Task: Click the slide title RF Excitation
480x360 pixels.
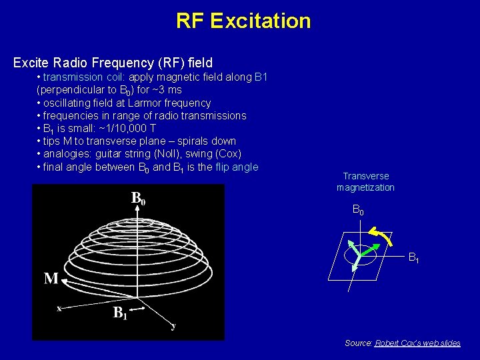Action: pos(243,21)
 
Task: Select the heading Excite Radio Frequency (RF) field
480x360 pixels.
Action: pos(113,63)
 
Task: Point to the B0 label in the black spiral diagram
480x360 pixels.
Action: pos(139,198)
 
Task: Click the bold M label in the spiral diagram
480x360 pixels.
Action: pos(51,278)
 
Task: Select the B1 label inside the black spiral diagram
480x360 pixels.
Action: pos(120,313)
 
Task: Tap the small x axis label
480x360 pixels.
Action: pos(59,308)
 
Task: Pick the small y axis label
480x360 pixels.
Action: pos(173,326)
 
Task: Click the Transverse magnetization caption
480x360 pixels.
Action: pos(365,182)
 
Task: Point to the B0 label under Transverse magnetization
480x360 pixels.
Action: pos(358,211)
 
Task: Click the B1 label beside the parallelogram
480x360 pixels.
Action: pos(413,257)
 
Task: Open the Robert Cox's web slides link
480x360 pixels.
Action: pos(417,343)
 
